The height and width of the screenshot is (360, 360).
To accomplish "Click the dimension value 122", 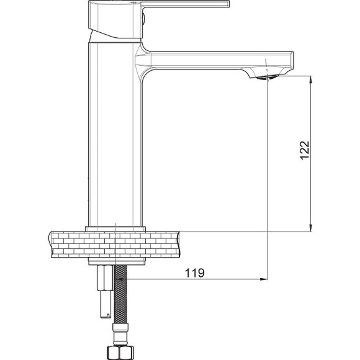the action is (x=305, y=150).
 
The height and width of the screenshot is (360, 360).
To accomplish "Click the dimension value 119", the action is (x=194, y=273).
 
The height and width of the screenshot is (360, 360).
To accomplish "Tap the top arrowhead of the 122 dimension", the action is (x=311, y=79).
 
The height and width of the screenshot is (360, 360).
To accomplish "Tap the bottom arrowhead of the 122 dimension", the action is (x=311, y=228).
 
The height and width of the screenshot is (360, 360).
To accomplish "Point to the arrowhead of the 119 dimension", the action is (x=264, y=279).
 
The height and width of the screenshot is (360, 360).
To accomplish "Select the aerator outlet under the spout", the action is (x=267, y=78).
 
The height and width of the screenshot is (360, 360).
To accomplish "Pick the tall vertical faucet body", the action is (x=115, y=134).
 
